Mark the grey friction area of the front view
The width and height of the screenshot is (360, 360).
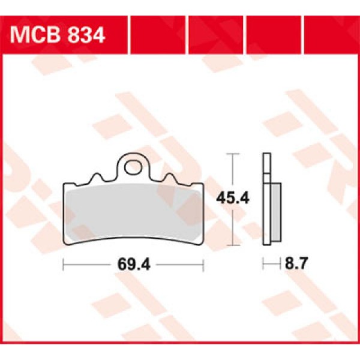(133, 210)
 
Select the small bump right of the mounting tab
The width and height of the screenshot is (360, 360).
(169, 178)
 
